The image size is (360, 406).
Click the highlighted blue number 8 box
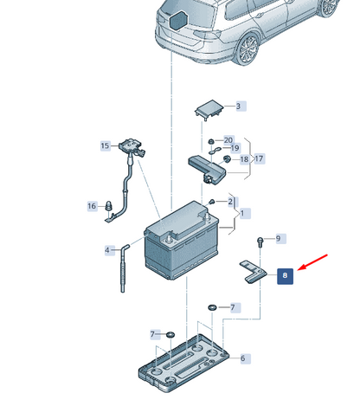(285, 276)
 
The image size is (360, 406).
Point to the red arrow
(312, 262)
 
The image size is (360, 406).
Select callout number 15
(106, 145)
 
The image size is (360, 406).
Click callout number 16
(92, 206)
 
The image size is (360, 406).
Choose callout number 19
(235, 148)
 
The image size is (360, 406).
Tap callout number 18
(244, 159)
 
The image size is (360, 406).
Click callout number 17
(259, 158)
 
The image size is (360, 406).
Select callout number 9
(278, 238)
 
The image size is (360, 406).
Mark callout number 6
(243, 358)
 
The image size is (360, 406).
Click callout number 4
(107, 250)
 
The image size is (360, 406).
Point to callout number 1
(242, 214)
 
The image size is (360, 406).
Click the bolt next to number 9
(260, 242)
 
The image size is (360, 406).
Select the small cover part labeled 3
(209, 109)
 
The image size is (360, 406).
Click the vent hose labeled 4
(124, 267)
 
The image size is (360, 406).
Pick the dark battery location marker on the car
(178, 20)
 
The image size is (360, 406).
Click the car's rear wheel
(248, 48)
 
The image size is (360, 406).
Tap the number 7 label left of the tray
(153, 334)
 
